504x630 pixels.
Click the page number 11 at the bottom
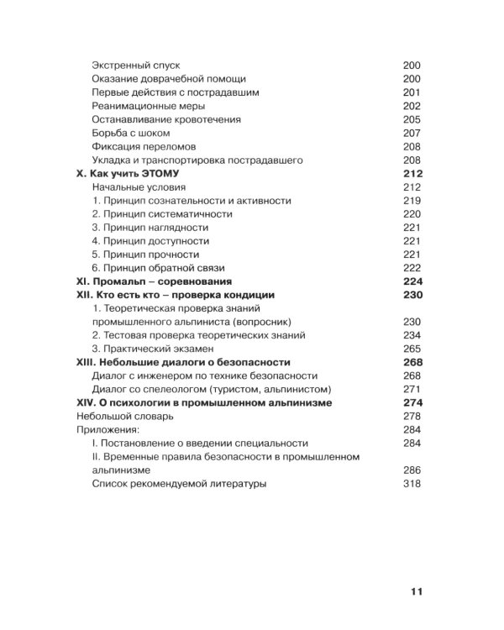[417, 591]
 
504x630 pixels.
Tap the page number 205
[412, 119]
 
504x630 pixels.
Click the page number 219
[412, 201]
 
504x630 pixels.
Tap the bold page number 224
[412, 281]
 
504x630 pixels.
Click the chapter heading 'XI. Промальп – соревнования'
[154, 281]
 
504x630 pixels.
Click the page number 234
[412, 335]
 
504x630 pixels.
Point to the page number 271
[412, 389]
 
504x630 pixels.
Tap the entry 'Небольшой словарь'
[125, 416]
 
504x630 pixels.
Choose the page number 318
[412, 484]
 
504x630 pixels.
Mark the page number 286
[412, 470]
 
